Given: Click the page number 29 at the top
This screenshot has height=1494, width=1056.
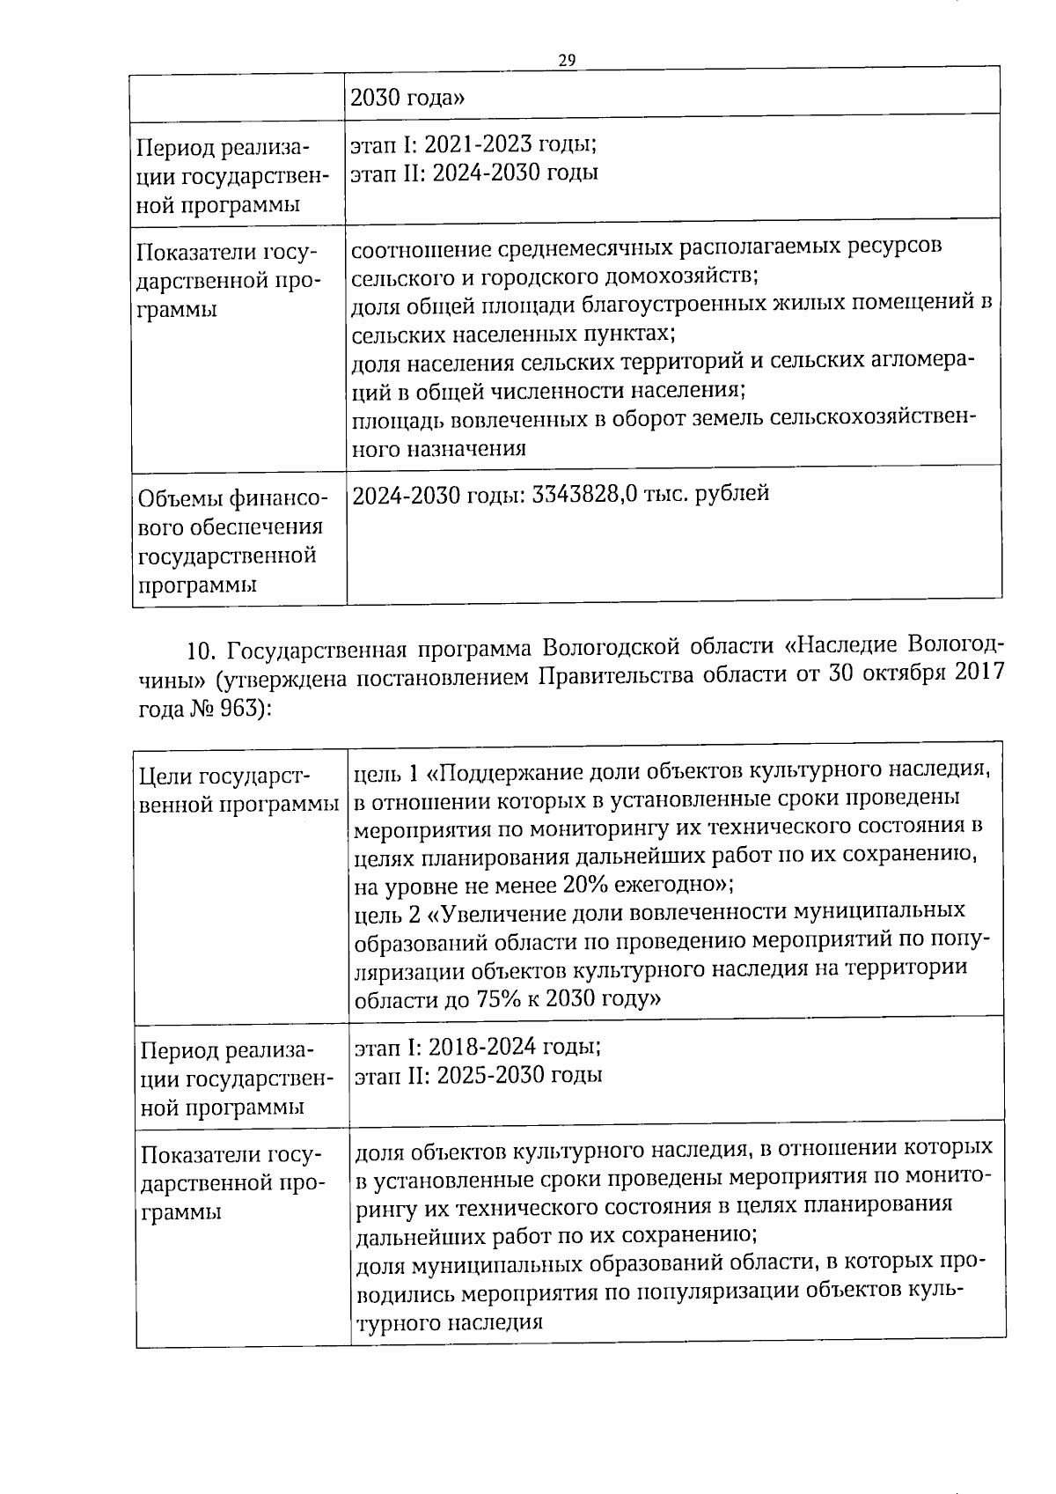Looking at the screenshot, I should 566,59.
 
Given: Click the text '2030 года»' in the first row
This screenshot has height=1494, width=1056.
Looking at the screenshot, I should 407,97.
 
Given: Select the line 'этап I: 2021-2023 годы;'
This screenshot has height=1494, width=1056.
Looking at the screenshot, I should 473,144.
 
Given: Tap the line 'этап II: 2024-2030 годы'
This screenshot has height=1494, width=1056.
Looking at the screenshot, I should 474,172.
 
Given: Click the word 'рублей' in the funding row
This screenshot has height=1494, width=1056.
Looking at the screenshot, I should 732,493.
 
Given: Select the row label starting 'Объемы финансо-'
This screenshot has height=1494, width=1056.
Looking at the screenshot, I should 232,499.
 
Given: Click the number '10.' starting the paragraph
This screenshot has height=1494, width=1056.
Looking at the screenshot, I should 202,651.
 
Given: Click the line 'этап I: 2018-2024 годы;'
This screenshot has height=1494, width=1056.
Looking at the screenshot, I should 477,1047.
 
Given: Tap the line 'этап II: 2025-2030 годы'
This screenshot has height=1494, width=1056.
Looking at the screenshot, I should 478,1075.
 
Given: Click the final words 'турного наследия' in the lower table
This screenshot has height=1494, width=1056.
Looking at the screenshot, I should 448,1322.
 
